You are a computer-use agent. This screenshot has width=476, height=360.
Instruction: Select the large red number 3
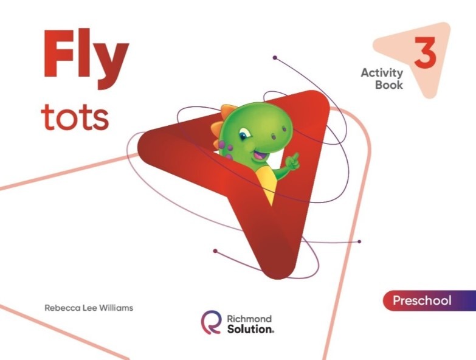tap(426, 52)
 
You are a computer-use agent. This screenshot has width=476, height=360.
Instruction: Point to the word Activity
tap(382, 73)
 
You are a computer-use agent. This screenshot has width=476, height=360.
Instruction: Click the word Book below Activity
tap(388, 85)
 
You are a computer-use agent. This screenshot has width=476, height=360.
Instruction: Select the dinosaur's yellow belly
tap(268, 182)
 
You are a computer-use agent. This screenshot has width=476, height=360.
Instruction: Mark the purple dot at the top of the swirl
tap(275, 58)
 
